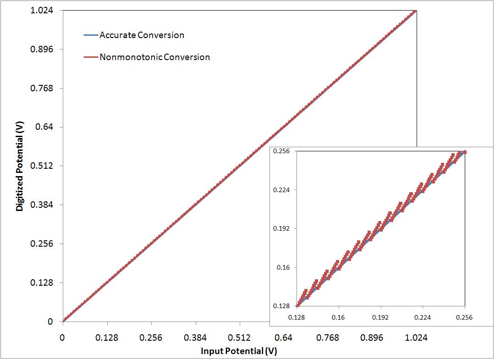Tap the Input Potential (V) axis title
pyautogui.click(x=239, y=351)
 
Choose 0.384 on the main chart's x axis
pyautogui.click(x=195, y=338)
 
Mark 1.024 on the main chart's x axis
pyautogui.click(x=416, y=338)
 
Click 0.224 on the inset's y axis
pyautogui.click(x=282, y=190)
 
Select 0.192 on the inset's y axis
pyautogui.click(x=282, y=228)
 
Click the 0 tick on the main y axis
pyautogui.click(x=50, y=321)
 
